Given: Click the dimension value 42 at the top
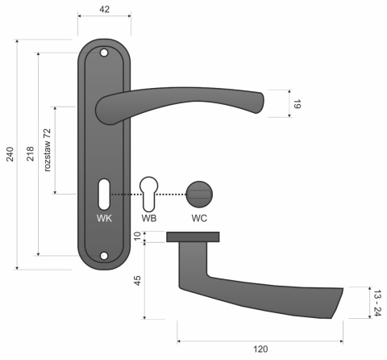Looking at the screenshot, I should click(105, 10).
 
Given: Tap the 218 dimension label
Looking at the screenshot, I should click(31, 154).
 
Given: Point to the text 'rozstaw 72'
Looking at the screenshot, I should click(48, 149).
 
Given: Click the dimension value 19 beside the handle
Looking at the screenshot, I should click(297, 103).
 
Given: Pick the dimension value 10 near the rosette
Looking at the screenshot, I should click(137, 237).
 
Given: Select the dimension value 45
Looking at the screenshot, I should click(137, 280).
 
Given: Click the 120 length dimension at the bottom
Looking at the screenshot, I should click(260, 350).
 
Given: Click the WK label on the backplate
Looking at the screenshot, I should click(104, 218).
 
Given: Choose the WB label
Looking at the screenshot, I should click(149, 218).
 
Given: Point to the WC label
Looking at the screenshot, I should click(198, 218).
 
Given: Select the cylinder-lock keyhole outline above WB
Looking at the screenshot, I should click(149, 192).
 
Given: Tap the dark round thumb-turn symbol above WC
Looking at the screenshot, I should click(198, 193).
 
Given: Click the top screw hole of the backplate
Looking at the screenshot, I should click(104, 53).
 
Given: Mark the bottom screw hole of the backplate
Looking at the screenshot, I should click(104, 257).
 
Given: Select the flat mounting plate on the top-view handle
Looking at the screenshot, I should click(193, 237).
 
